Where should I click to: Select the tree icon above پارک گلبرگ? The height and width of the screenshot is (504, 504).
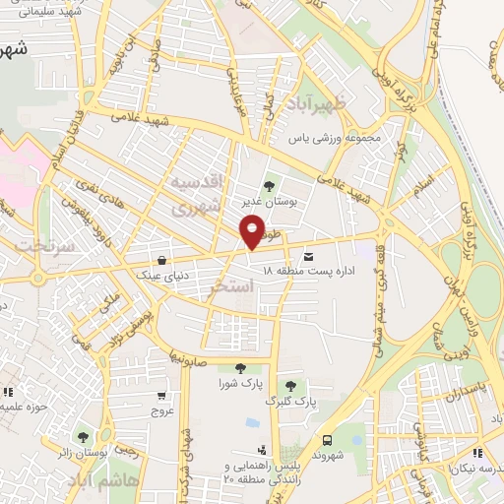click(289, 385)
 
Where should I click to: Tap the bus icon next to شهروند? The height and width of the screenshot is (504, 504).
click(328, 441)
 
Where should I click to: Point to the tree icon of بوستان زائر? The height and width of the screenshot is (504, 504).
click(82, 436)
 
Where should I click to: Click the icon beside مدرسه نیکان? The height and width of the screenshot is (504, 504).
click(477, 454)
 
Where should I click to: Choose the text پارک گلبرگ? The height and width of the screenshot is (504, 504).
click(292, 402)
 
